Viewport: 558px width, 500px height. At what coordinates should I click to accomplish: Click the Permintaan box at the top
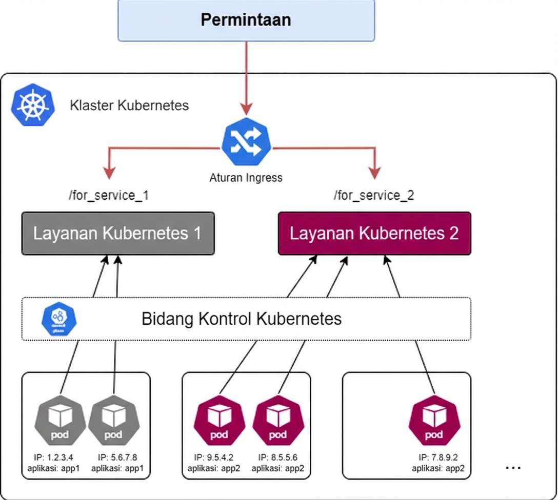tap(246, 20)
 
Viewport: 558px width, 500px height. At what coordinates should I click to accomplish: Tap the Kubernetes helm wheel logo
tap(32, 106)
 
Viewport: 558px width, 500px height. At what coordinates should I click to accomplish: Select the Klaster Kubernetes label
tap(129, 106)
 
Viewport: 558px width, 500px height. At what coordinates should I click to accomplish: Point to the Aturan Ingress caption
tap(246, 178)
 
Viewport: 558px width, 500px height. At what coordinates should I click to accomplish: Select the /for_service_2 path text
tap(374, 195)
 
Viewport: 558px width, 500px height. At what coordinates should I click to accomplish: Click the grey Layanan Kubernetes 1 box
tap(117, 234)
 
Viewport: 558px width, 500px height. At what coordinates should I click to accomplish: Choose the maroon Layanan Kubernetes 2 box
tap(374, 234)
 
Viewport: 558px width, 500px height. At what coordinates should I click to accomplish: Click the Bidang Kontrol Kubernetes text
tap(241, 319)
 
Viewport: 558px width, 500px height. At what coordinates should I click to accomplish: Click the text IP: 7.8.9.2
tap(438, 457)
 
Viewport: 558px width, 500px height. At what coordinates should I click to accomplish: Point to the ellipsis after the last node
tap(513, 468)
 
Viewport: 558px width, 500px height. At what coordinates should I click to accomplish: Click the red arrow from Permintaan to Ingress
tap(247, 77)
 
